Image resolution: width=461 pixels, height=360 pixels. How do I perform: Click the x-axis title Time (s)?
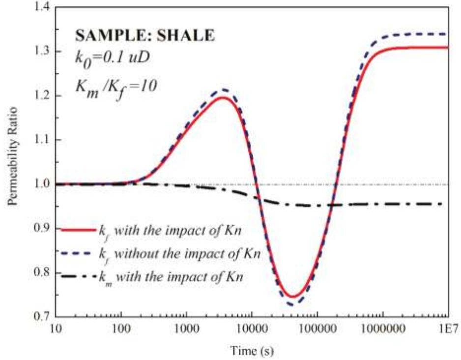(251, 351)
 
